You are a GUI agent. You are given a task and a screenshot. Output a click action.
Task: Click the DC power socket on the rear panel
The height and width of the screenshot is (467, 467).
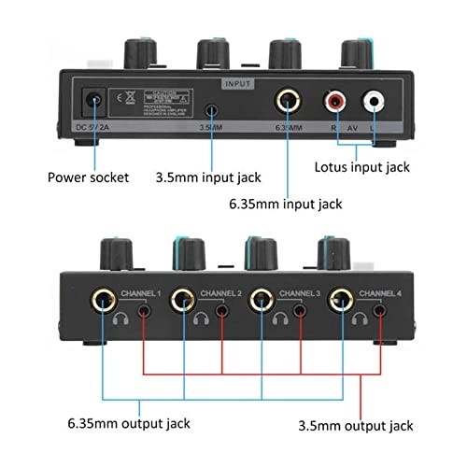tap(93, 100)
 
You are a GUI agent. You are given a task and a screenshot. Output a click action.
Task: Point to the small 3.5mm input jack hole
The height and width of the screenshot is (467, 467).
tap(212, 104)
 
